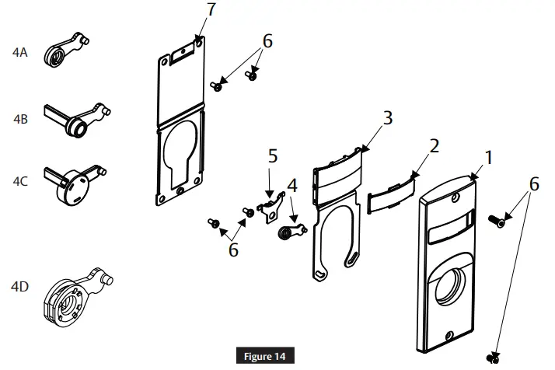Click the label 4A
pyautogui.click(x=20, y=53)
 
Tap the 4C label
pyautogui.click(x=20, y=182)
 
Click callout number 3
pyautogui.click(x=387, y=117)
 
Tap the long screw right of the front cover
pyautogui.click(x=499, y=221)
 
